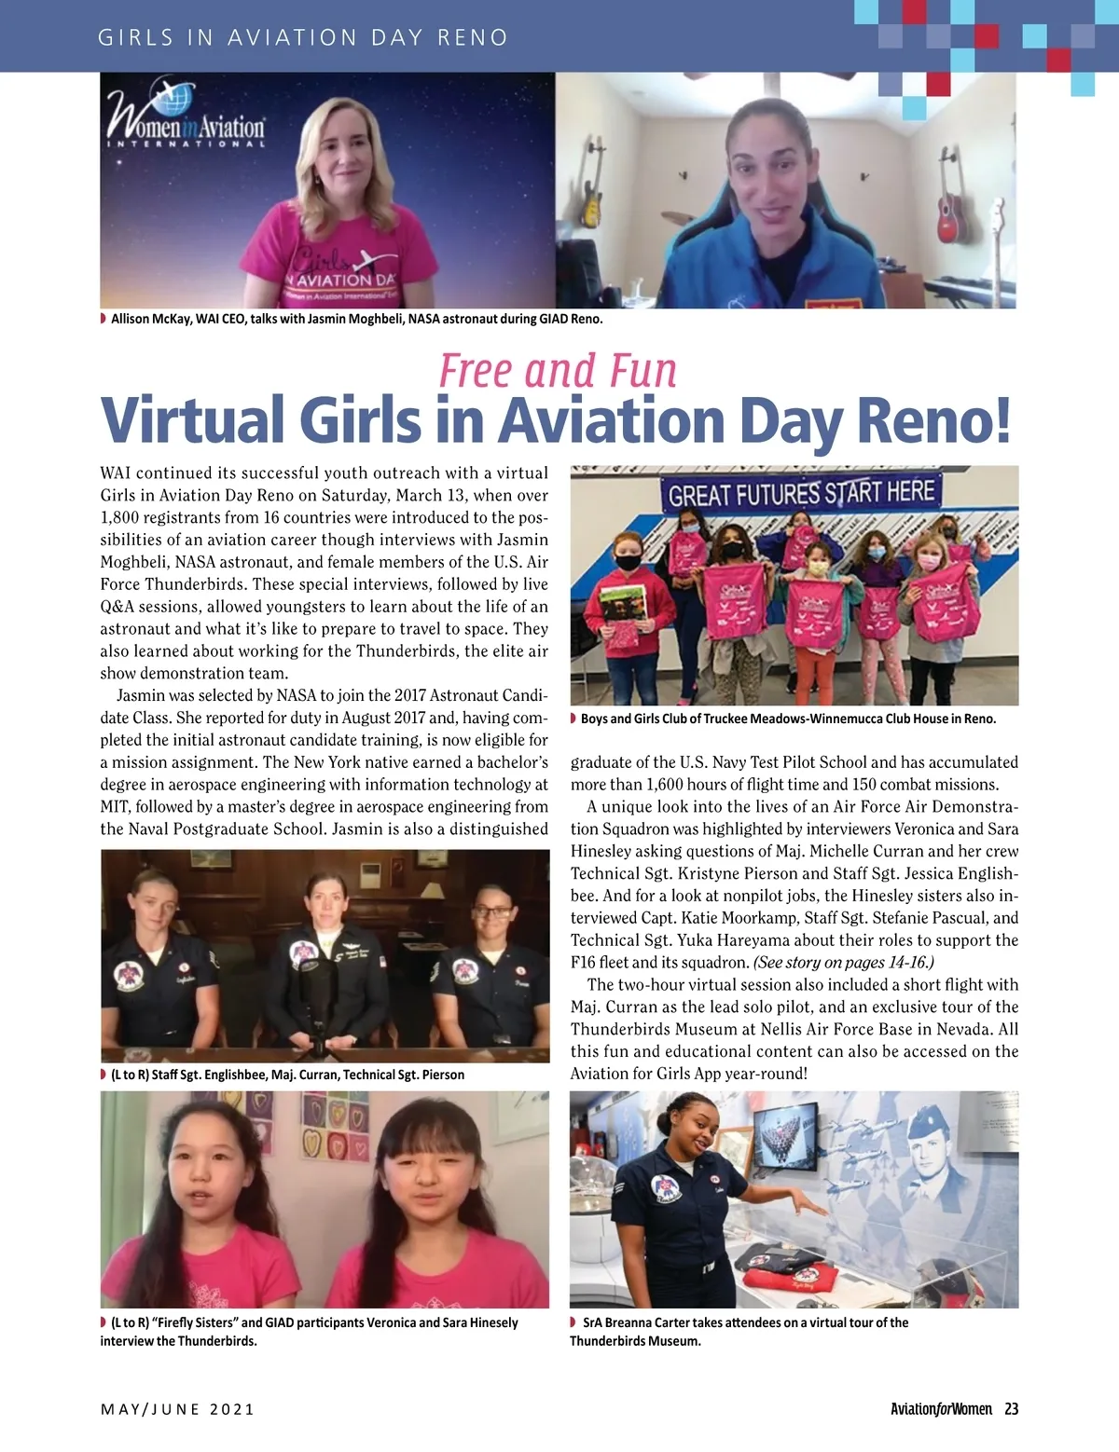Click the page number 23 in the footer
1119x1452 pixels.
coord(1011,1408)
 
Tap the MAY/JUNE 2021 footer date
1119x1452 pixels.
coord(177,1408)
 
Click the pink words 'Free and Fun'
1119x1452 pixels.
coord(558,371)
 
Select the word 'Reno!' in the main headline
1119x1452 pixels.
coord(933,421)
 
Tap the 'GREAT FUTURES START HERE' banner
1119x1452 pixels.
coord(800,493)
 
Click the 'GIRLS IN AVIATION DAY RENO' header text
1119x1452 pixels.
coord(303,37)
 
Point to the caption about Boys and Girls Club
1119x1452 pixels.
coord(788,719)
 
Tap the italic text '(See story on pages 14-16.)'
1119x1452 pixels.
coord(843,963)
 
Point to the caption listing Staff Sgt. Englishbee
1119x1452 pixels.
coord(287,1075)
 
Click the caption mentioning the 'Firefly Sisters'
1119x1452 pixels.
coord(312,1331)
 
